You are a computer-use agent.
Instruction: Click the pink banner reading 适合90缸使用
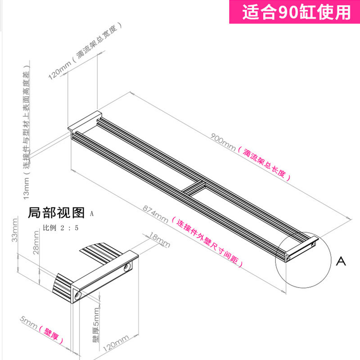tap(297, 12)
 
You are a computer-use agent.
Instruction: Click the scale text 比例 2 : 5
tap(60, 228)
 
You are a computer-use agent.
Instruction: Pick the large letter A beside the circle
tap(342, 261)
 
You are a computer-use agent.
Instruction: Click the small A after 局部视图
tap(92, 214)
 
